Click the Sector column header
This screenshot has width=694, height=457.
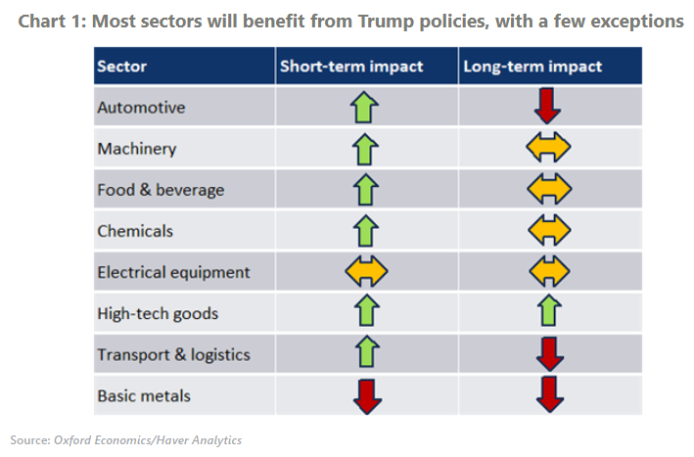pyautogui.click(x=121, y=67)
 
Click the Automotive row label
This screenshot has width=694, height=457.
pyautogui.click(x=141, y=108)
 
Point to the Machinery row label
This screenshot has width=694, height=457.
pyautogui.click(x=137, y=149)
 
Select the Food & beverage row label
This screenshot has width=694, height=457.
pyautogui.click(x=161, y=190)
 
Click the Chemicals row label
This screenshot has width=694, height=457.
pyautogui.click(x=135, y=231)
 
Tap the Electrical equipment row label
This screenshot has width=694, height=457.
pyautogui.click(x=173, y=272)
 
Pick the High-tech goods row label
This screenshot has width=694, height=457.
pyautogui.click(x=158, y=314)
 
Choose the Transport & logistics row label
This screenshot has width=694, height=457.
pyautogui.click(x=173, y=355)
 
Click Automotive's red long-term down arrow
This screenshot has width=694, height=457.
pyautogui.click(x=549, y=106)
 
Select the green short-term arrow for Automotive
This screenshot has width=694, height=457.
pyautogui.click(x=365, y=107)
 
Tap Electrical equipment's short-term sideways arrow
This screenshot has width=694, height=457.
pyautogui.click(x=366, y=271)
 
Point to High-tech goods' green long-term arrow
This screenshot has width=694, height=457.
pyautogui.click(x=549, y=312)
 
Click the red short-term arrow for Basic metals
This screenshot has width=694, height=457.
pyautogui.click(x=366, y=395)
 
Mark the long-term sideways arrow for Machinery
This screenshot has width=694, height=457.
pyautogui.click(x=549, y=148)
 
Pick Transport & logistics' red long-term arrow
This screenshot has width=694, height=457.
pyautogui.click(x=549, y=354)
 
